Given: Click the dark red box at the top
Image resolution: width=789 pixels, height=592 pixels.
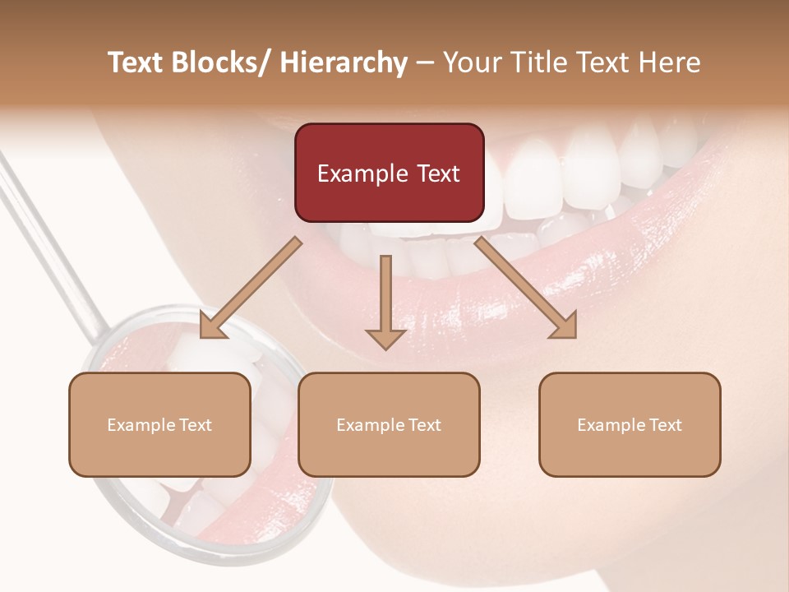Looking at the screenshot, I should tap(389, 173).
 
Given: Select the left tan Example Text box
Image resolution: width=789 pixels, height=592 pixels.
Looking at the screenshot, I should tap(159, 424).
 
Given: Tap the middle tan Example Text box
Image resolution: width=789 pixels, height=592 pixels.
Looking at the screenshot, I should tap(389, 424).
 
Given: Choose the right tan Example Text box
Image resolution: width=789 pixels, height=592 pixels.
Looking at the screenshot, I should tap(630, 424).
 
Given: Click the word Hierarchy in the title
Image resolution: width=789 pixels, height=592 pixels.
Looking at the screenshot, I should tap(344, 62).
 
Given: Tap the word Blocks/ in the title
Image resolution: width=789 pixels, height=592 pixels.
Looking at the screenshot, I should tap(224, 62).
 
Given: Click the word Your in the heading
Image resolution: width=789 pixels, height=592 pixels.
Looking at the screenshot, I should tap(468, 62).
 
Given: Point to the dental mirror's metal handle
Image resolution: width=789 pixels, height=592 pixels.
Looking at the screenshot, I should tap(49, 238).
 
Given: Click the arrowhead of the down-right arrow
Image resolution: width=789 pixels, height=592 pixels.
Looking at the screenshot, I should tap(565, 326).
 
